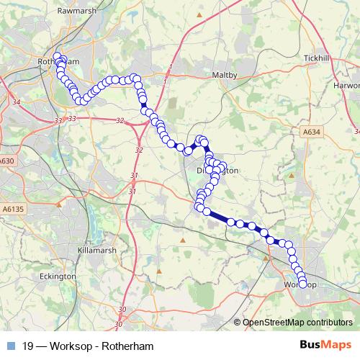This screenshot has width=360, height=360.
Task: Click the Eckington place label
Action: pos(58,276)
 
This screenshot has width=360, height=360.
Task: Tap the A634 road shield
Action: pos(310,132)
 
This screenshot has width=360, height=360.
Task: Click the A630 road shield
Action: pos(7,161)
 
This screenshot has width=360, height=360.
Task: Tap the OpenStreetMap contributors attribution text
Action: pos(298,323)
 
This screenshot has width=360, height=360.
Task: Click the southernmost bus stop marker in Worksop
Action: pos(303,282)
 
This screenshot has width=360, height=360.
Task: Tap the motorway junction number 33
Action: pos(71,118)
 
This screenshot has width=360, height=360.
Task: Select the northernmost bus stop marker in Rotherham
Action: pos(57,56)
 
